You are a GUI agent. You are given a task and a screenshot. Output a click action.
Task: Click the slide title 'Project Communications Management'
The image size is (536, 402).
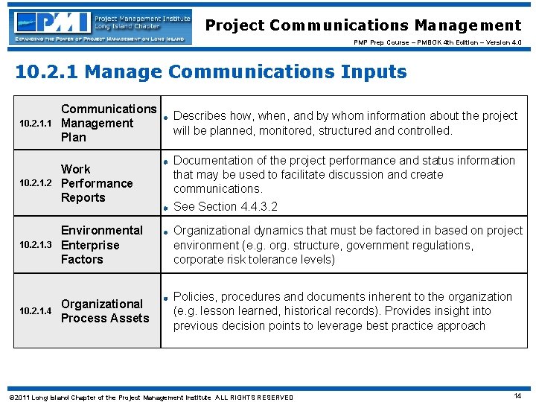pos(363,25)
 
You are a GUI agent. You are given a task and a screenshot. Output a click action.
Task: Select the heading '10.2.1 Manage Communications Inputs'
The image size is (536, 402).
pos(211,71)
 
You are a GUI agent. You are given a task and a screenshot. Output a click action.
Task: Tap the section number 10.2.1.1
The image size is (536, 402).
pos(35,124)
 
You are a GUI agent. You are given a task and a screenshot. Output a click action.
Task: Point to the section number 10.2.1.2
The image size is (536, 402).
pos(35,183)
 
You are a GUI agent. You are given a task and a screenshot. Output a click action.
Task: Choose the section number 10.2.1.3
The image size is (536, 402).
pos(35,245)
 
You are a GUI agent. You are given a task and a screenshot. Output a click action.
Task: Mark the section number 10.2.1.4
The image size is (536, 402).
pos(35,311)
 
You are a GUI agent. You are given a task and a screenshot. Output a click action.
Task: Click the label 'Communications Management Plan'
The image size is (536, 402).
pos(108,123)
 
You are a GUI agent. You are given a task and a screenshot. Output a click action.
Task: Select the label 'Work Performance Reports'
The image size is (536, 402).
pos(96,183)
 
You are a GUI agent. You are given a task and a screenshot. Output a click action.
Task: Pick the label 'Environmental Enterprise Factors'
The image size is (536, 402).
pos(101,245)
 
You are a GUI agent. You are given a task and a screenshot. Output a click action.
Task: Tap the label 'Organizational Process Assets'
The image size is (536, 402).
pos(104,311)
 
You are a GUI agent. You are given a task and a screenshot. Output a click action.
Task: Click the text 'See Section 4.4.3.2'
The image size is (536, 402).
pos(225,206)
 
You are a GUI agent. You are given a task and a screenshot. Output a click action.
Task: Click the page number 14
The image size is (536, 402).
pos(517,396)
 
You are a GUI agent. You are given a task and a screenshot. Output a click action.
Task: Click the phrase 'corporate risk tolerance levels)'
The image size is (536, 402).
pos(254,260)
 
